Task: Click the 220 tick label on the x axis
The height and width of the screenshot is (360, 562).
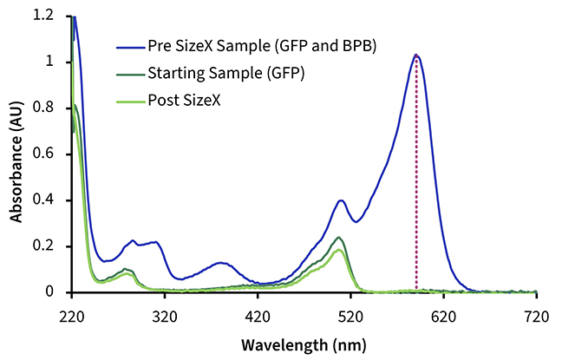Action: tap(72, 317)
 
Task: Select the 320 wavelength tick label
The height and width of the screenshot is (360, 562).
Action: tap(165, 317)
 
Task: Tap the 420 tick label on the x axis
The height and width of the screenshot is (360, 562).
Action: tap(258, 317)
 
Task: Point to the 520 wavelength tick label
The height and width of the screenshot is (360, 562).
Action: tap(350, 317)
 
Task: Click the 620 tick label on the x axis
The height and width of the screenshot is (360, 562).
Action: tap(443, 317)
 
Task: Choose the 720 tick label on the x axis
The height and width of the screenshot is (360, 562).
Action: tap(536, 317)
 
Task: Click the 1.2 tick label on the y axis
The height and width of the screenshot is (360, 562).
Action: tap(42, 16)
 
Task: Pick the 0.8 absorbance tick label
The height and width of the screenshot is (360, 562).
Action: tap(42, 108)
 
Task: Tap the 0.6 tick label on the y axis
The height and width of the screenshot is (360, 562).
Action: tap(42, 154)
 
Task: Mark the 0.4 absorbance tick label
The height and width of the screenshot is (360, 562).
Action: tap(42, 200)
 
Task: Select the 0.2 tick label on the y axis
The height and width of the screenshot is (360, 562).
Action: tap(42, 246)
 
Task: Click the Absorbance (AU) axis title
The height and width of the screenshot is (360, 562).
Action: tap(16, 162)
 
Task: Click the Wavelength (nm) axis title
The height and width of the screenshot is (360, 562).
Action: tap(304, 345)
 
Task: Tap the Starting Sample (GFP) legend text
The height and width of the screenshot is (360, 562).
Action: tap(226, 74)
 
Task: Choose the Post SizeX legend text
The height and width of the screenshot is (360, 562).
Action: tap(184, 101)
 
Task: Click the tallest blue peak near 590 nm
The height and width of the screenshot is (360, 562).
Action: tap(415, 55)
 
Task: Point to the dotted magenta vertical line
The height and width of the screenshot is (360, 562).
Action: tap(416, 173)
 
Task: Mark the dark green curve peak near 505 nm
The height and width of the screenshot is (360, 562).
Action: tap(338, 238)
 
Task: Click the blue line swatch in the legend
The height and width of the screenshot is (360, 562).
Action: tap(131, 47)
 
